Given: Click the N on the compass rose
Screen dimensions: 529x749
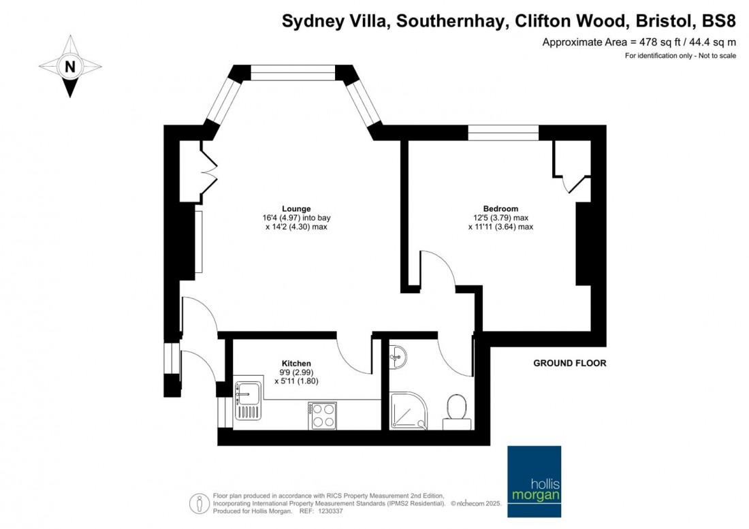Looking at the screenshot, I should point(69,67).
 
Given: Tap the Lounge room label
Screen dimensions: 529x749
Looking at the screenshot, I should point(296,209).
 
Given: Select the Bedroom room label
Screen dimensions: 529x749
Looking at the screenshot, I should point(500,209).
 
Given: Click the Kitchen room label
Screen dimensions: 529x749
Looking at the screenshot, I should point(296,364).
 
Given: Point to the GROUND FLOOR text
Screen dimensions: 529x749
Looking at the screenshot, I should point(569,364).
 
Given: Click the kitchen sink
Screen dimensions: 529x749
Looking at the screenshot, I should point(247,398).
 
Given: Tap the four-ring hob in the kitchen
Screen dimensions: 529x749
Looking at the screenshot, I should point(322,415).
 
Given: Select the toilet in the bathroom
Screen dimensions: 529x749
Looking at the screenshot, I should point(456,411).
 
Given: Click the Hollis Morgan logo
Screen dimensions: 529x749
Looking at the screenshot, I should point(535,474).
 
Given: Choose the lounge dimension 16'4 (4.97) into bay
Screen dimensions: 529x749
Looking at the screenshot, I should point(296,218).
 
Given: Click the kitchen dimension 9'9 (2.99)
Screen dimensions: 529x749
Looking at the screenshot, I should point(296,372).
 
